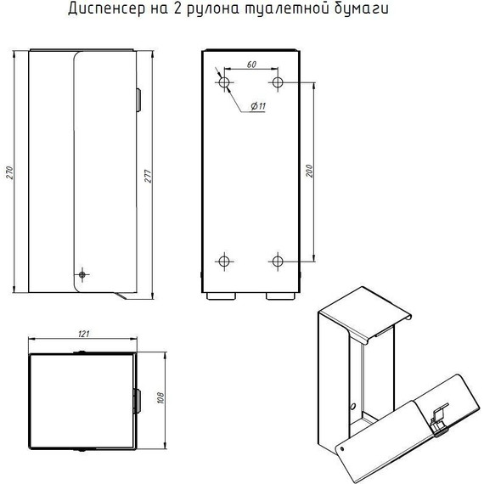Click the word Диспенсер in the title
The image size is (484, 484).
pyautogui.click(x=106, y=8)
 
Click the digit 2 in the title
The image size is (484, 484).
pyautogui.click(x=177, y=8)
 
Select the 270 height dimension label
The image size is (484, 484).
pyautogui.click(x=9, y=172)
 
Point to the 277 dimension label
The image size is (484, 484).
pyautogui.click(x=148, y=176)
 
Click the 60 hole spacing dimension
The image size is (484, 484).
pyautogui.click(x=251, y=65)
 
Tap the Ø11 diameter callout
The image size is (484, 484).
pyautogui.click(x=258, y=106)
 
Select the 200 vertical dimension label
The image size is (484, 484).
pyautogui.click(x=309, y=171)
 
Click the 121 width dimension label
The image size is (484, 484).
pyautogui.click(x=83, y=334)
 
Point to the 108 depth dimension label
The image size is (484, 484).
pyautogui.click(x=160, y=398)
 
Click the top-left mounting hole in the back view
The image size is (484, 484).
pyautogui.click(x=224, y=82)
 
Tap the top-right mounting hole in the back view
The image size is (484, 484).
pyautogui.click(x=278, y=82)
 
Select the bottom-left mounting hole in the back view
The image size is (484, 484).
pyautogui.click(x=224, y=262)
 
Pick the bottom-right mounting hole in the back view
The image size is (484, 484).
pyautogui.click(x=278, y=262)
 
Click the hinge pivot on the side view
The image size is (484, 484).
pyautogui.click(x=82, y=274)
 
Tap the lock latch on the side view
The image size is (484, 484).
pyautogui.click(x=138, y=100)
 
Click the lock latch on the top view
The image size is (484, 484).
pyautogui.click(x=137, y=402)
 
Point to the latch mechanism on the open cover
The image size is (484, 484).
pyautogui.click(x=439, y=419)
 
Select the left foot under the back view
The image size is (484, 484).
pyautogui.click(x=221, y=296)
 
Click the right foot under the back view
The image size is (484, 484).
pyautogui.click(x=280, y=296)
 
